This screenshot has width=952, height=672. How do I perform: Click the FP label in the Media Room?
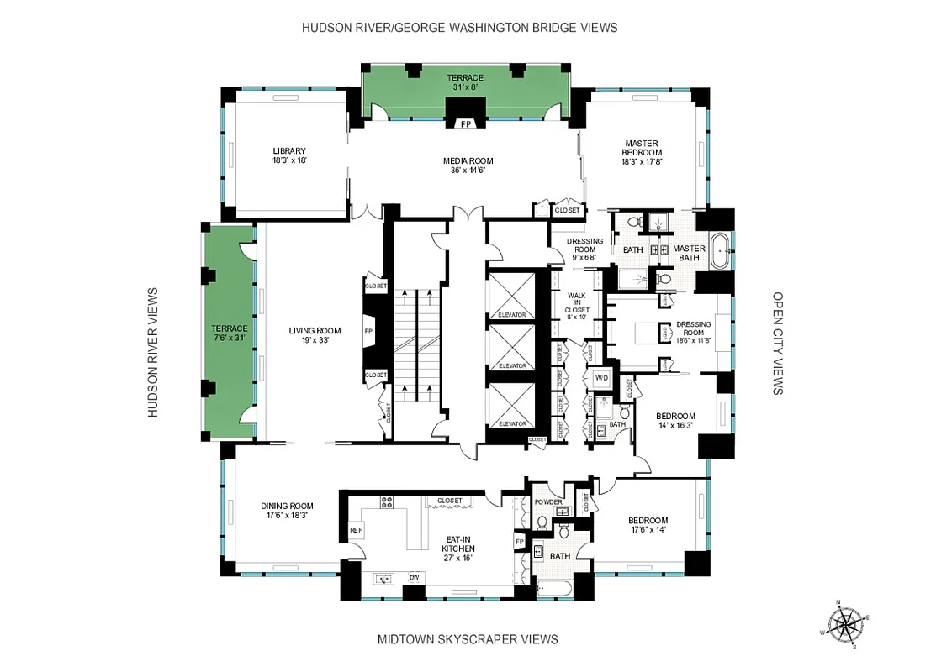pos(464,124)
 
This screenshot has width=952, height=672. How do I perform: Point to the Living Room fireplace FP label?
pos(368,332)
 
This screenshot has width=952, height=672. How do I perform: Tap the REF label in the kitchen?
pos(355,530)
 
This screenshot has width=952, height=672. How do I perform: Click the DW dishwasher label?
pos(414,578)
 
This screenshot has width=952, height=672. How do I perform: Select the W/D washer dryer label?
pos(601,378)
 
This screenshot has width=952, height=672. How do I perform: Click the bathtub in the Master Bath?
pos(721,251)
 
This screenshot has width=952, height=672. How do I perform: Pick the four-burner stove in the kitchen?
pos(387,502)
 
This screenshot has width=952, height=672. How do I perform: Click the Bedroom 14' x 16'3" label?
pos(675,421)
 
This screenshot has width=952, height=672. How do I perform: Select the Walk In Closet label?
pos(577,302)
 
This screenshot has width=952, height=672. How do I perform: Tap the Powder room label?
pos(547,502)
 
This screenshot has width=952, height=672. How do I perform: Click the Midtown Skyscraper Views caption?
pos(467,639)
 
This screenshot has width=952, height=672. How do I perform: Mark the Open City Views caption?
pos(777,344)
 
